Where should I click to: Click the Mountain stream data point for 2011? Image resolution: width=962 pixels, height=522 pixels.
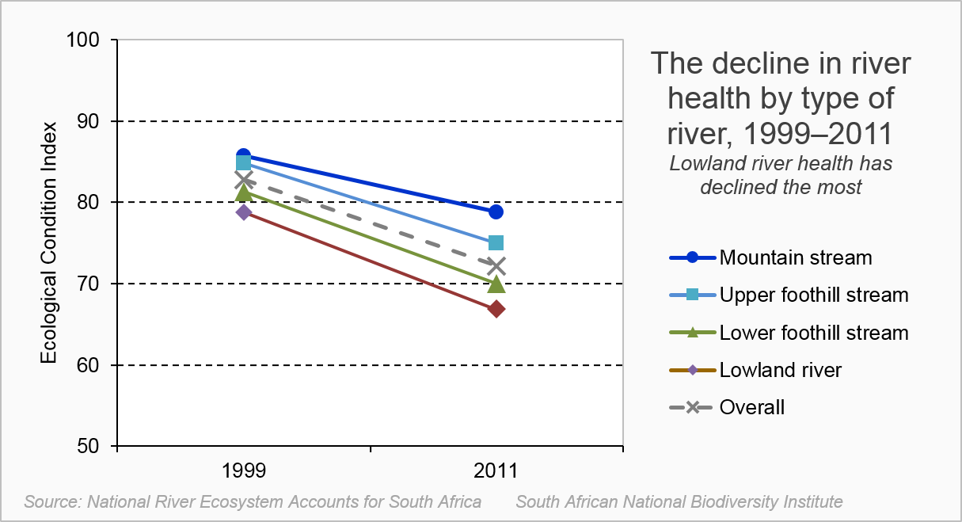(x=496, y=211)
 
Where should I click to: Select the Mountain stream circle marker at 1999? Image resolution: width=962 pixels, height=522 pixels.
(x=243, y=156)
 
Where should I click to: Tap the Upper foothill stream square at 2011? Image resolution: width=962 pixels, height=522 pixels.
(x=496, y=243)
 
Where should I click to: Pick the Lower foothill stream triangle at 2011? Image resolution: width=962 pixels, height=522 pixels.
(x=496, y=284)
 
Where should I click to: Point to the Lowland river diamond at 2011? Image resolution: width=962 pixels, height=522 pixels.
(x=496, y=309)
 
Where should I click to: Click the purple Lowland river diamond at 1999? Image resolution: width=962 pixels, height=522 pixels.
(x=243, y=212)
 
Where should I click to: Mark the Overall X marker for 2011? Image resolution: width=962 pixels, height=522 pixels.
(x=496, y=265)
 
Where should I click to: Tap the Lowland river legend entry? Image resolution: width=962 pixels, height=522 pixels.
(x=780, y=370)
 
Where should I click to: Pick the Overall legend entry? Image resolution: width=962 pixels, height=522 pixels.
(x=751, y=408)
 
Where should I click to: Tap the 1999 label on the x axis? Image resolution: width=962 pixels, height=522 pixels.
(x=243, y=471)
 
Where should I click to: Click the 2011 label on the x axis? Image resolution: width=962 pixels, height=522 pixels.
(x=496, y=471)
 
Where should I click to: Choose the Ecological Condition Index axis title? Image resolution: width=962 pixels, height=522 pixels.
(x=49, y=242)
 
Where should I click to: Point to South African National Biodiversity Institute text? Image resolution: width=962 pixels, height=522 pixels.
(x=679, y=501)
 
